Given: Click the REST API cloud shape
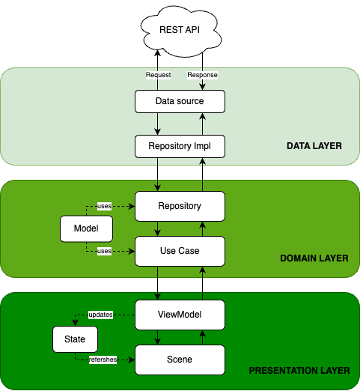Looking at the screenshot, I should [179, 31].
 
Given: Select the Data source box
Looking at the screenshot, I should [180, 101].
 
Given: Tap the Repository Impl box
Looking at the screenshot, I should [180, 146].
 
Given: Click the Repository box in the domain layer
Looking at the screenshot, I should [180, 206].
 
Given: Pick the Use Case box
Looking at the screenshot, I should [180, 251].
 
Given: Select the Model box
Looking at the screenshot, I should [86, 228].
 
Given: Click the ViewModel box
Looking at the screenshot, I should [180, 315].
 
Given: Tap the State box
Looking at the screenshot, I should [75, 340].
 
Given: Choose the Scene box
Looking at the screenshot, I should [180, 360].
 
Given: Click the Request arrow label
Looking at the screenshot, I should [158, 75].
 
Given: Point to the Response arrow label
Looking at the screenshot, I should [202, 75].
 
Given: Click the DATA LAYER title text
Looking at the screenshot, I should [314, 145].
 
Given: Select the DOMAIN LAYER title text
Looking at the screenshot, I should [314, 258].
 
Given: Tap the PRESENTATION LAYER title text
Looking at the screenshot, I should [299, 370].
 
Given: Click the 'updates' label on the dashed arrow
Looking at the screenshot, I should [100, 315].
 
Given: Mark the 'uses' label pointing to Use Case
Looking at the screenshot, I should [104, 251].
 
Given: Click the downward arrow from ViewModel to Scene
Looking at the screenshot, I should [157, 337].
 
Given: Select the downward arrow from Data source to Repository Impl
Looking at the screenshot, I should [157, 124].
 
